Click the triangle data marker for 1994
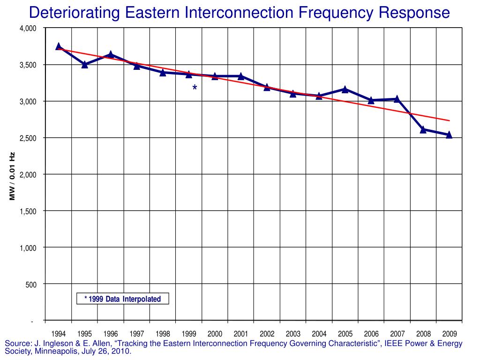[59, 46]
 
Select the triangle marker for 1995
[85, 64]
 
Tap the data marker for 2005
[345, 89]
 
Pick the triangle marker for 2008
[423, 129]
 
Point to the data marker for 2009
[449, 135]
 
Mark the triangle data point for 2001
[241, 76]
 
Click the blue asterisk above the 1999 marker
[195, 88]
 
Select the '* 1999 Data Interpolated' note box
[122, 299]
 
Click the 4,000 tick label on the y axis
[28, 29]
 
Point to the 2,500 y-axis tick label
[28, 138]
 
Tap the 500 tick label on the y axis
[30, 284]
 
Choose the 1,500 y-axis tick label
[28, 211]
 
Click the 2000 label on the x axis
[215, 334]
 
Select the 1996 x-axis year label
[111, 334]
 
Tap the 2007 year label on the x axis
[397, 334]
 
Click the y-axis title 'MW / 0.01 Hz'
[13, 176]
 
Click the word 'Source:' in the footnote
[17, 344]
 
